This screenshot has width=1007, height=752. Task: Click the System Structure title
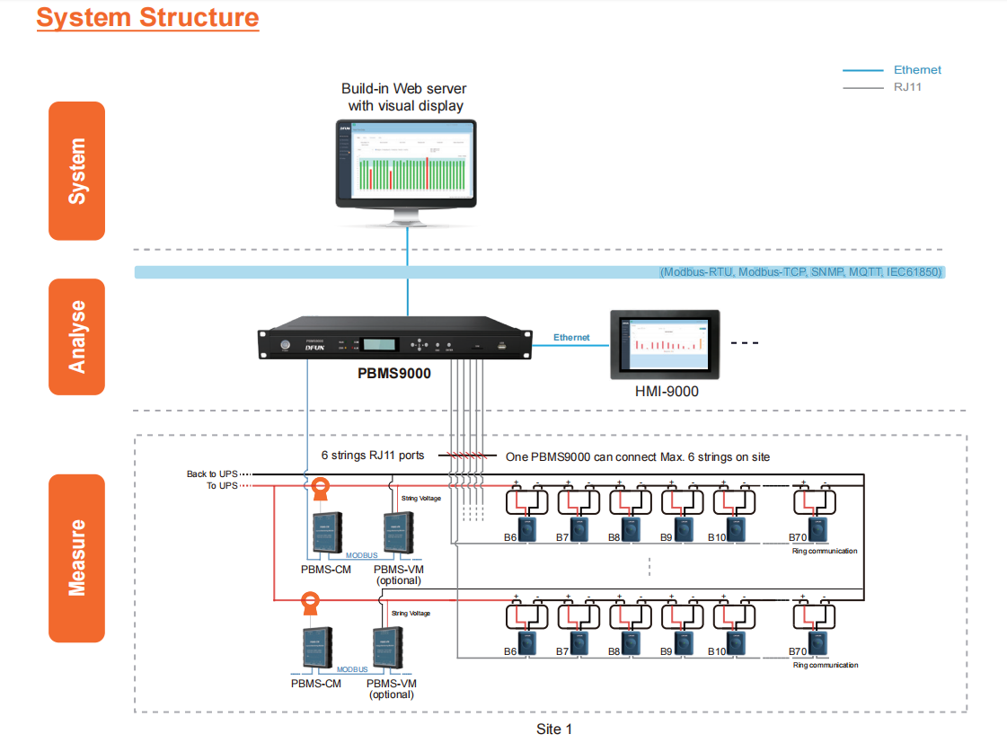[147, 18]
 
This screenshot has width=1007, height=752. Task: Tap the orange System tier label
[77, 171]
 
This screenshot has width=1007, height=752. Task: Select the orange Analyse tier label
[77, 337]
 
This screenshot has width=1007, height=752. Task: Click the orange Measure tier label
[77, 558]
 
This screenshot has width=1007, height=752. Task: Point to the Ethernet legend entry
[917, 69]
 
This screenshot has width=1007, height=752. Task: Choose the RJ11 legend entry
[907, 87]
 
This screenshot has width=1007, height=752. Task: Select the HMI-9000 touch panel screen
[665, 344]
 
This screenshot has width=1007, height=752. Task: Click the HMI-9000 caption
[666, 391]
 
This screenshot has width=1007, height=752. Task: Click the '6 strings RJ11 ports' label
[373, 456]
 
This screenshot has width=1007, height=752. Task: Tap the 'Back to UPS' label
[212, 473]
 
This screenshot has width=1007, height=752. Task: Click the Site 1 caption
[554, 729]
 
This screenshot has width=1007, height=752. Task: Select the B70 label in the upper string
[797, 538]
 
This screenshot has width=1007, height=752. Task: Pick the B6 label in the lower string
[510, 651]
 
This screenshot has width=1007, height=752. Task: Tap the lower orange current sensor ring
[309, 599]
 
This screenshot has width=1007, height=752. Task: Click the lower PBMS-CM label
[316, 684]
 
